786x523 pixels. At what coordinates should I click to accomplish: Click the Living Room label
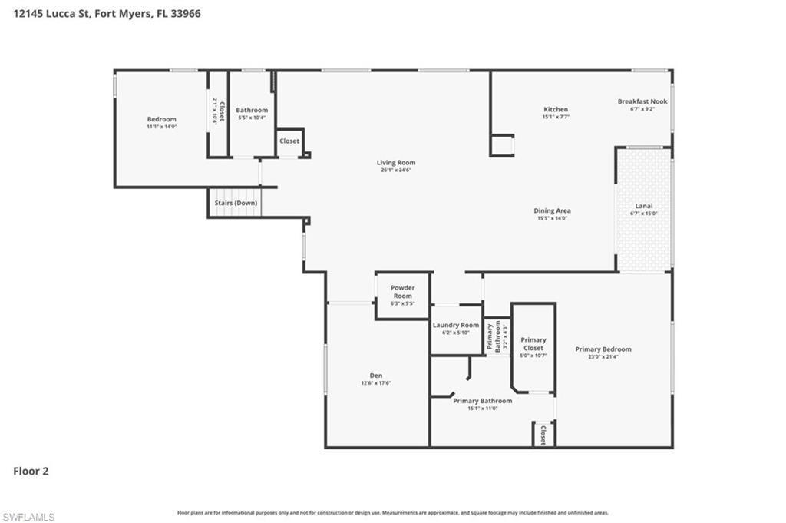point(395,162)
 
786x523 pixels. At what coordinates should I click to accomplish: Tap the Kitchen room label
point(555,109)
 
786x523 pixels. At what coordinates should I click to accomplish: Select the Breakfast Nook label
point(642,101)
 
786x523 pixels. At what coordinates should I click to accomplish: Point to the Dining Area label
point(553,210)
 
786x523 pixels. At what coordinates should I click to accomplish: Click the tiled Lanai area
point(644,209)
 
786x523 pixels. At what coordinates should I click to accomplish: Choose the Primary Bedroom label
point(603,349)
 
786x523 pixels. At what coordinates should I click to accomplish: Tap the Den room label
point(376,376)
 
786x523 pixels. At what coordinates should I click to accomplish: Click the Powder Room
point(402,296)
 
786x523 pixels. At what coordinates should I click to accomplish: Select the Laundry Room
point(456,328)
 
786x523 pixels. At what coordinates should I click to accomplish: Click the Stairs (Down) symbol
point(234,204)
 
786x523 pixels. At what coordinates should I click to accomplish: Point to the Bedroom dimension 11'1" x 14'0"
point(161,127)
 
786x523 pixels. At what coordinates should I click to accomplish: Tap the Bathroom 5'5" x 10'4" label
point(252,114)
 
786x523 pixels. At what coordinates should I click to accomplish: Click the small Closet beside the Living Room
point(289,141)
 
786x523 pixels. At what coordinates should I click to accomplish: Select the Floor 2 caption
point(31,471)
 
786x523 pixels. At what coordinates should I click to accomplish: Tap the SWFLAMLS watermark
point(28,517)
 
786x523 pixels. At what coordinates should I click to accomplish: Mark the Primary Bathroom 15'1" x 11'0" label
point(482,404)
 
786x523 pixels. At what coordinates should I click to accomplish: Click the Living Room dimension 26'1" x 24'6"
point(395,170)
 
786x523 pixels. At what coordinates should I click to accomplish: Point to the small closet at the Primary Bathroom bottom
point(543,434)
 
